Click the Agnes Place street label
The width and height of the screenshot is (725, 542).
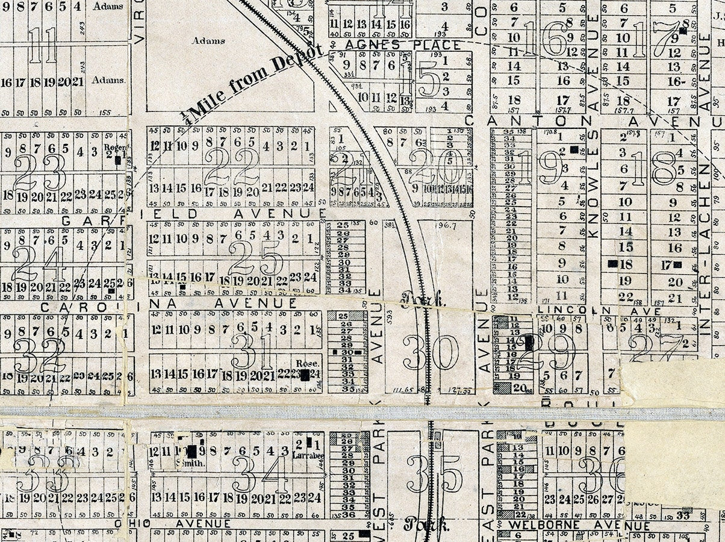click(x=403, y=45)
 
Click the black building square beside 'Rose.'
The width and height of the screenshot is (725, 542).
click(x=306, y=375)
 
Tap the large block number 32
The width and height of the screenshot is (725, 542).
click(x=40, y=355)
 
